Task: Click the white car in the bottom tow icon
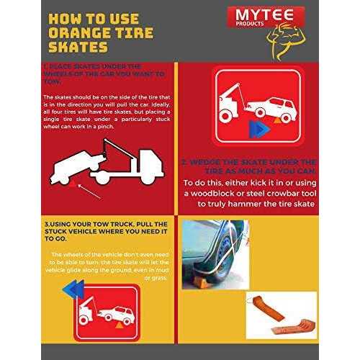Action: (x=115, y=314)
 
